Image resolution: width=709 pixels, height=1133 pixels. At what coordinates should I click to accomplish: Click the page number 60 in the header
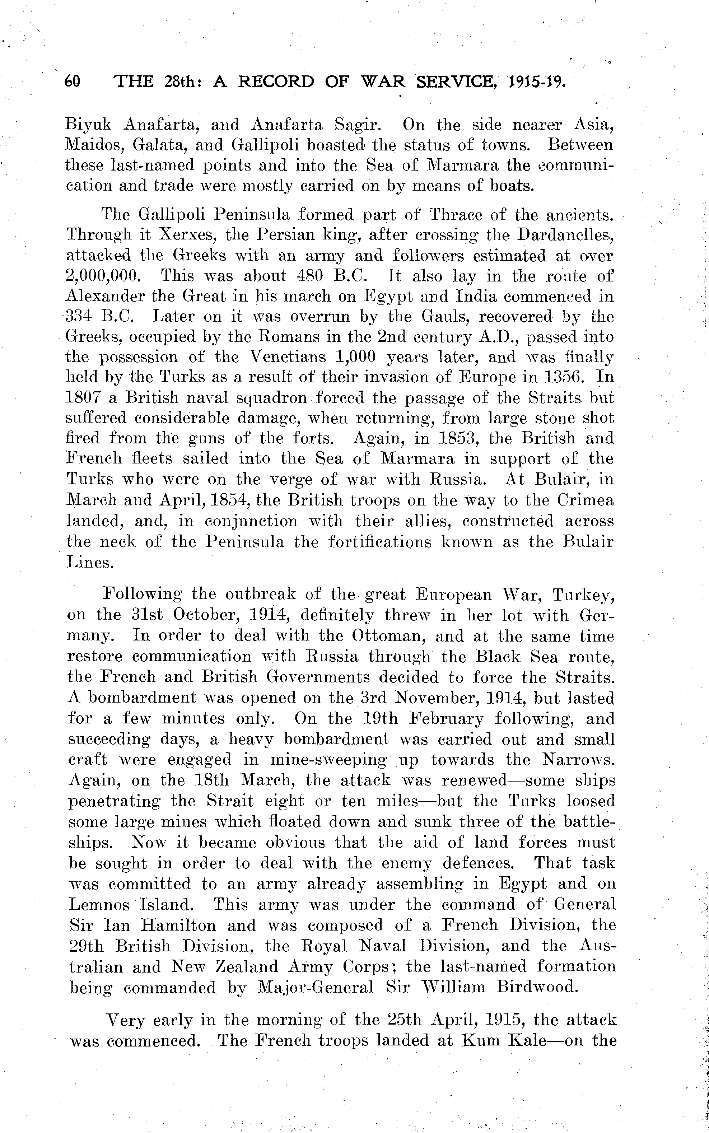coord(72,81)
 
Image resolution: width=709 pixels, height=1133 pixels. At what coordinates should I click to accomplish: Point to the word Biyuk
coord(88,125)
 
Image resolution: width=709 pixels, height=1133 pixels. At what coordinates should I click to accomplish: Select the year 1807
coord(83,398)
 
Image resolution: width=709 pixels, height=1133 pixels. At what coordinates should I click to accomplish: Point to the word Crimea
coord(585,500)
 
